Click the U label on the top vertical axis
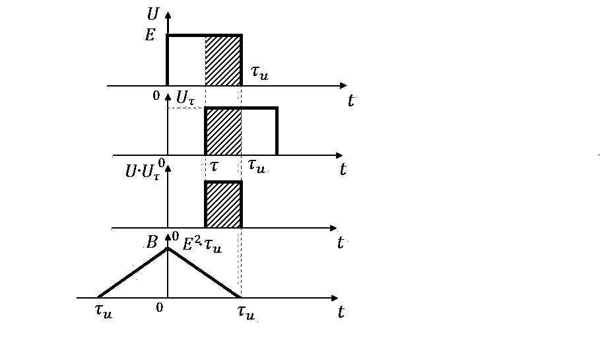click(x=156, y=14)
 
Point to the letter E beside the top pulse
click(x=150, y=36)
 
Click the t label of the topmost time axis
click(x=350, y=101)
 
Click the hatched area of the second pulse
click(x=223, y=131)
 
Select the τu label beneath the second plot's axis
click(x=255, y=167)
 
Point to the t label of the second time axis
click(x=343, y=170)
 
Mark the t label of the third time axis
click(x=341, y=243)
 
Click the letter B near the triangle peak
click(x=152, y=242)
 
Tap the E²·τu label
click(x=201, y=246)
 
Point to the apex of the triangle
click(x=168, y=248)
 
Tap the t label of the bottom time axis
click(x=341, y=312)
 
